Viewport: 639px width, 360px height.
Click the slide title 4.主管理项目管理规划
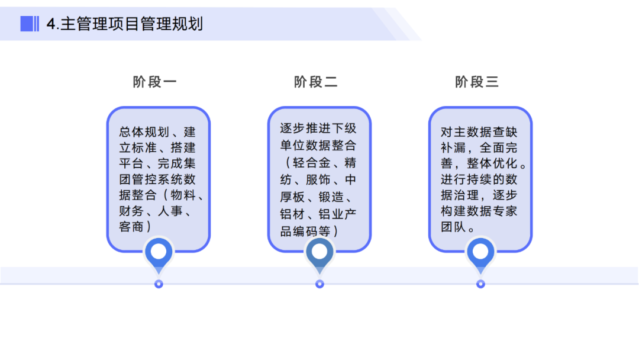125,24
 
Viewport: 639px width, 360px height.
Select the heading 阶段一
155,82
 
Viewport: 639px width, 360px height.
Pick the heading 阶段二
316,82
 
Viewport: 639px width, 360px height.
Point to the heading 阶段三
477,82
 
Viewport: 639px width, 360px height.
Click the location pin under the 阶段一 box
159,253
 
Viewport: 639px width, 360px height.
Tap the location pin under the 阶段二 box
319,253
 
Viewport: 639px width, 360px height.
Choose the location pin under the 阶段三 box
480,253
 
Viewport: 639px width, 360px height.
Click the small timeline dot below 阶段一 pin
159,284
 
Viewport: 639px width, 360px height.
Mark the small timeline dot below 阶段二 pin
319,284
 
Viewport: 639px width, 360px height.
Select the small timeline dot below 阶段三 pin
480,284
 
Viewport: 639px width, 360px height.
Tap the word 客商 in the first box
131,227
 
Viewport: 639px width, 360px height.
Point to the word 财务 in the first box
131,211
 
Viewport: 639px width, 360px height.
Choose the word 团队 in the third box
453,227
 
